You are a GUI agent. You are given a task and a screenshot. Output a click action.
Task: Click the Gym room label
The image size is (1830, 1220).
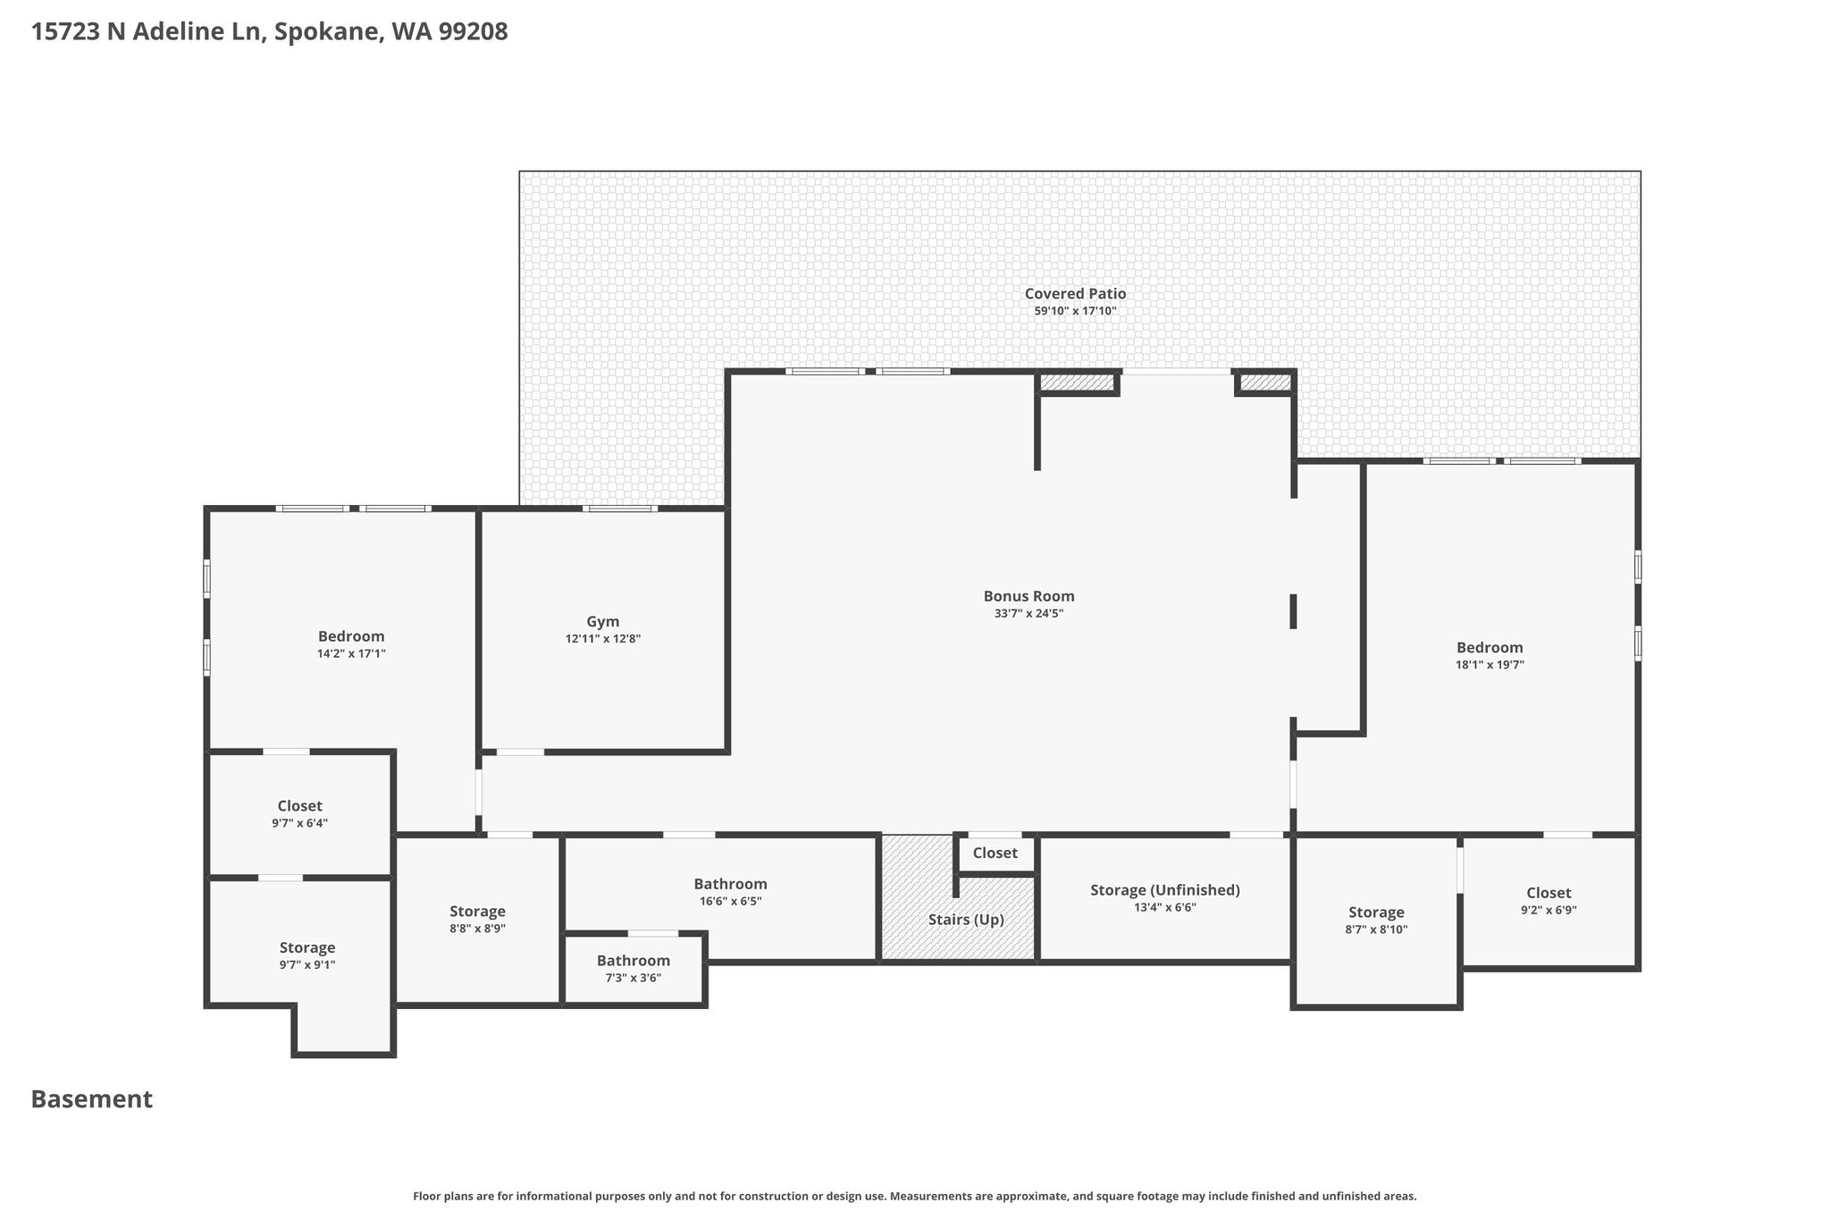[603, 622]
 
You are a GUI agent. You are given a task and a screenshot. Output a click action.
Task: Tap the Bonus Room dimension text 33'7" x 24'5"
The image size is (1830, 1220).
[1028, 614]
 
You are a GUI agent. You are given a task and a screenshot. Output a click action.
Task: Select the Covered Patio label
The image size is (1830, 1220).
[1075, 293]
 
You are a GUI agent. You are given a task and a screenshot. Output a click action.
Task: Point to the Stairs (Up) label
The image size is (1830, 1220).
[966, 920]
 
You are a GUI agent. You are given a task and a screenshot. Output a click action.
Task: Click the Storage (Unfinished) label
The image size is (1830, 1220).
[1165, 890]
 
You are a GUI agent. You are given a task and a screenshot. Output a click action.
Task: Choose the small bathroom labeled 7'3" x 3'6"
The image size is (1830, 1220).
[634, 969]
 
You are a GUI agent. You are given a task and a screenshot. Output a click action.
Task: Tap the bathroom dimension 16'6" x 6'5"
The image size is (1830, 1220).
[731, 902]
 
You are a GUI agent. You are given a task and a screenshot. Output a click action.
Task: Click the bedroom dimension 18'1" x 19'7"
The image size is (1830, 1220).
[1490, 665]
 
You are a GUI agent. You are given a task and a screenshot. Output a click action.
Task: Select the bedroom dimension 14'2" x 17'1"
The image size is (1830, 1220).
[351, 653]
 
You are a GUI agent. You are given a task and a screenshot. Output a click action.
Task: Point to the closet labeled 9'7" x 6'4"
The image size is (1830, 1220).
[300, 814]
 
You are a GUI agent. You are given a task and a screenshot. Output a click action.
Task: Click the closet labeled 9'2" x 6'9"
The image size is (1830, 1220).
[1549, 901]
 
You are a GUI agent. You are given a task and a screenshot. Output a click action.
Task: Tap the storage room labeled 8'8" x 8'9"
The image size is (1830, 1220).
[477, 920]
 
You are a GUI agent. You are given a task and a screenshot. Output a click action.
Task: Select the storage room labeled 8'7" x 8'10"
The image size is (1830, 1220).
[1376, 921]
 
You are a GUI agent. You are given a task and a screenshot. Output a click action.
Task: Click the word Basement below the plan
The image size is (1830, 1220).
[92, 1099]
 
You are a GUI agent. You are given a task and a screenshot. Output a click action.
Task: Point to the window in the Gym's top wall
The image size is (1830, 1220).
[620, 509]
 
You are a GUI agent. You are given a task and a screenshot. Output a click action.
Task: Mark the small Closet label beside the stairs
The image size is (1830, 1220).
[995, 853]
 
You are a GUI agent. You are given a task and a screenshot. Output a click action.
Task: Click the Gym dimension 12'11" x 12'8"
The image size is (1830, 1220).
[603, 639]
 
